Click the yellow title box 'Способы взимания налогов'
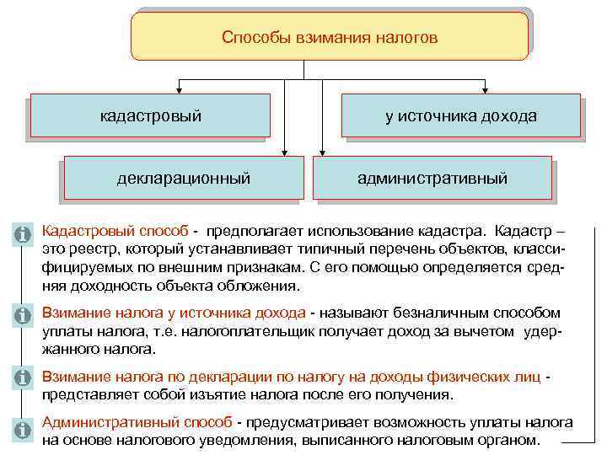pyautogui.click(x=330, y=37)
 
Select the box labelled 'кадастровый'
pyautogui.click(x=151, y=115)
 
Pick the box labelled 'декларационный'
pyautogui.click(x=184, y=178)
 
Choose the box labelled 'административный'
pyautogui.click(x=432, y=178)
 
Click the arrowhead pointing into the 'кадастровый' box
pyautogui.click(x=179, y=88)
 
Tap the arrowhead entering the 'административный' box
pyautogui.click(x=320, y=151)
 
